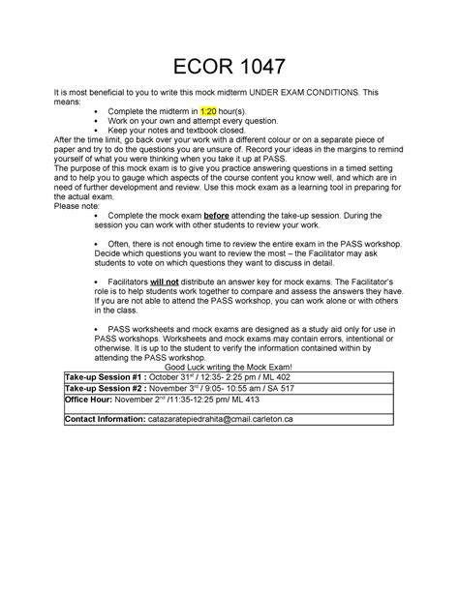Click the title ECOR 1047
[229, 66]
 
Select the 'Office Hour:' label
[87, 397]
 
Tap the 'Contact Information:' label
[104, 420]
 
